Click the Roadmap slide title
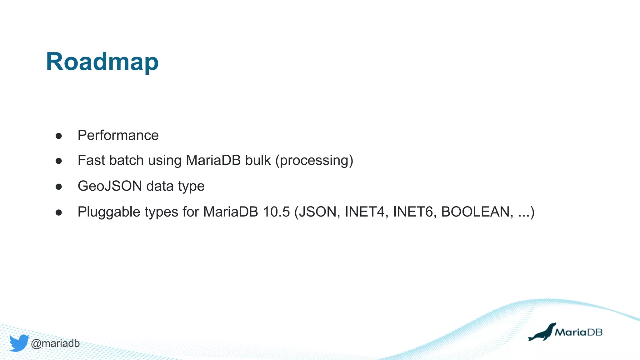[x=102, y=62]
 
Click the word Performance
[x=118, y=135]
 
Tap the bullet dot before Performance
[x=58, y=136]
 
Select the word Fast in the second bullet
[x=91, y=160]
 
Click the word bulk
[x=258, y=160]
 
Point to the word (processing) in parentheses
[x=314, y=161]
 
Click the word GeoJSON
[x=110, y=186]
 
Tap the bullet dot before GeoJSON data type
[x=58, y=187]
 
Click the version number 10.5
[x=276, y=212]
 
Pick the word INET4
[x=364, y=212]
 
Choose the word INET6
[x=412, y=212]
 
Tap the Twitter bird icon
[x=19, y=343]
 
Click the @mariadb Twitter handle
[x=55, y=343]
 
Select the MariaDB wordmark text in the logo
[x=578, y=332]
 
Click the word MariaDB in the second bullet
[x=213, y=160]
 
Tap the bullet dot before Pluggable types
[x=58, y=213]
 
